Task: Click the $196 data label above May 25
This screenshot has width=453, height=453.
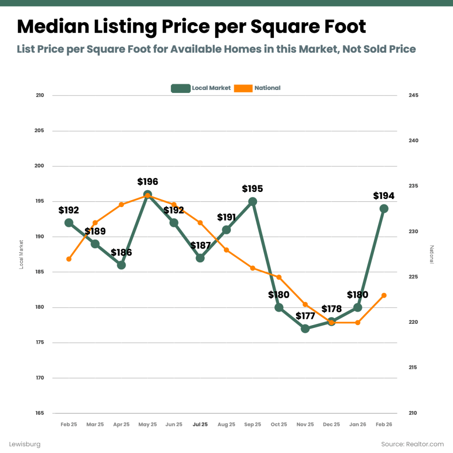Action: [x=147, y=182]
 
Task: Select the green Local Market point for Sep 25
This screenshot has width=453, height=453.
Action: [x=253, y=202]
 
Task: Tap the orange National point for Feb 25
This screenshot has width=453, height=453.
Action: [x=69, y=259]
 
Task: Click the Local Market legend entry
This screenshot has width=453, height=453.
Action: [x=201, y=88]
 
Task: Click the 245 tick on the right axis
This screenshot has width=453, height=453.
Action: [x=413, y=96]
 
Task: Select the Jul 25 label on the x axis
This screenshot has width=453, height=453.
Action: [x=200, y=424]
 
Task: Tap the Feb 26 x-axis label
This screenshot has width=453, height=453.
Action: [x=384, y=424]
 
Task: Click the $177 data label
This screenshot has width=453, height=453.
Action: [x=305, y=316]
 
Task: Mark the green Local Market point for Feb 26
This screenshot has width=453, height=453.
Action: [x=384, y=209]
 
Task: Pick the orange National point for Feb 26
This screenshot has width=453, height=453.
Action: [x=384, y=296]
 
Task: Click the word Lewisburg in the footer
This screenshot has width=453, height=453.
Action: [x=25, y=444]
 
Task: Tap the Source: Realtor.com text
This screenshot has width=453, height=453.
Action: [x=412, y=444]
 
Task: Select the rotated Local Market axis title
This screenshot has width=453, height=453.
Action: [x=21, y=254]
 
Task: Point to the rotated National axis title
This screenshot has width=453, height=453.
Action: [x=432, y=254]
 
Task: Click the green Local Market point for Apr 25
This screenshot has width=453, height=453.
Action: [x=121, y=265]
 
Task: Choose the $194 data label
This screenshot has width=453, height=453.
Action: [x=384, y=196]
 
